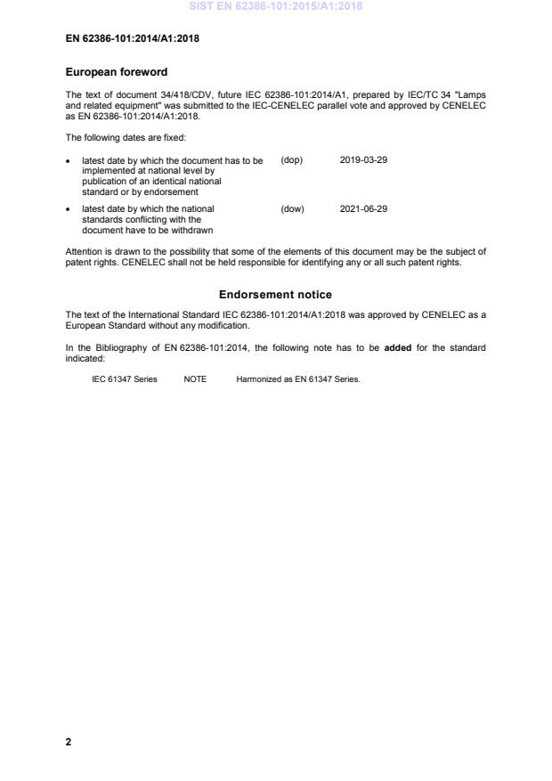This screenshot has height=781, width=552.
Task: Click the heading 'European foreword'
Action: pyautogui.click(x=117, y=71)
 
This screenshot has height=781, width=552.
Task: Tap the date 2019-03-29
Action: pyautogui.click(x=363, y=160)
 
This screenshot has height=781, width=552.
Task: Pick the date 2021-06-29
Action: pyautogui.click(x=363, y=209)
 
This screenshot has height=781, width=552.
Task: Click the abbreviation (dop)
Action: pyautogui.click(x=292, y=160)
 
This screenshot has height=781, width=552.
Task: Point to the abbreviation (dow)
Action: pyautogui.click(x=292, y=209)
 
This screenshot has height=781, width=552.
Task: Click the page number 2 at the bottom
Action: pyautogui.click(x=69, y=741)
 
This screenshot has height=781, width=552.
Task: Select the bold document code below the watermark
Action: pyautogui.click(x=132, y=38)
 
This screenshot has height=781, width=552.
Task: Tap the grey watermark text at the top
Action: pyautogui.click(x=276, y=7)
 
